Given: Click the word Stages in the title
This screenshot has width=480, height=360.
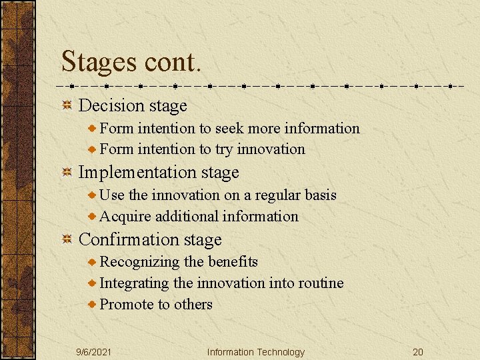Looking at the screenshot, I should (x=97, y=62).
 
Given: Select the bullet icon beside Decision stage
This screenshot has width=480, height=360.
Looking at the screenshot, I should (x=67, y=105).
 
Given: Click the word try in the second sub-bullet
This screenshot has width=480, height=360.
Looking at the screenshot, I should (x=224, y=149).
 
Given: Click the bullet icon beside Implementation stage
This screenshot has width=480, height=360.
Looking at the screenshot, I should (x=67, y=173).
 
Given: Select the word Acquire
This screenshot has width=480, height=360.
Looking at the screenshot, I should (x=125, y=216).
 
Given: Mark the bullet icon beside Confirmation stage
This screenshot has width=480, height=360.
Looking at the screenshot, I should (x=67, y=239).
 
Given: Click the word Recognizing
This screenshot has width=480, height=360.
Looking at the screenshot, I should (x=140, y=262).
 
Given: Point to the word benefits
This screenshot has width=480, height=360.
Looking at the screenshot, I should (x=233, y=262).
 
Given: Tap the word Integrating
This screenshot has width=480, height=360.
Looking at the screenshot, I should (x=135, y=283).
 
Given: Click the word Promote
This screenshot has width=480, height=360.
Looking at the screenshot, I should (x=127, y=305).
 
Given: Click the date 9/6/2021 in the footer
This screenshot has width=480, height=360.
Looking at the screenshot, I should (x=94, y=352).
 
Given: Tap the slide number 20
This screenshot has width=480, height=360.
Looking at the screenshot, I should (x=418, y=352).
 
